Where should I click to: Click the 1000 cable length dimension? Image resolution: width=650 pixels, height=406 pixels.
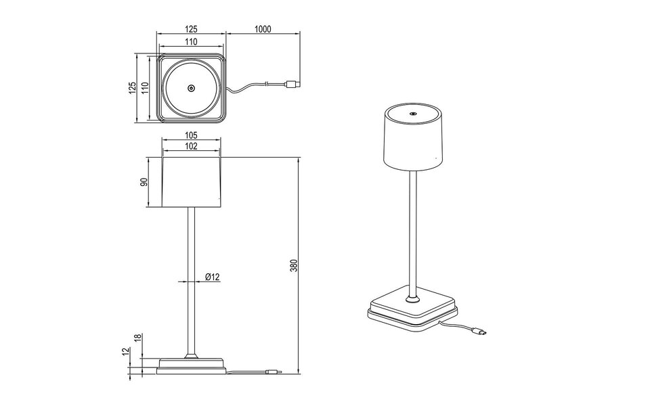pos(263,28)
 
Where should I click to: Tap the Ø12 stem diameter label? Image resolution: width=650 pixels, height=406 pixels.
pos(211,277)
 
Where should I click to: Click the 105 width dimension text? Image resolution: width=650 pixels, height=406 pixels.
pos(190,134)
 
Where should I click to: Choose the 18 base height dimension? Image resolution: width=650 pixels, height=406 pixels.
pos(137,338)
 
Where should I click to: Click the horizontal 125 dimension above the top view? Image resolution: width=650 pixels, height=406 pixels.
pos(190,28)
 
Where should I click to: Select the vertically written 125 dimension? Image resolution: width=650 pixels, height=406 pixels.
pos(133,87)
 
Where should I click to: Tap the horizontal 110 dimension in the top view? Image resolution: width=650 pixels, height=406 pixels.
pos(190,42)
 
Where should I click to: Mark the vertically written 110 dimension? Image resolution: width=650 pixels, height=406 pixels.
pos(144,87)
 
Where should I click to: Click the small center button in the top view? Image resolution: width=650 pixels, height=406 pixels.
pos(191,88)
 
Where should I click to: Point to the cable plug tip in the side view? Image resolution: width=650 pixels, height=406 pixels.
pos(276,371)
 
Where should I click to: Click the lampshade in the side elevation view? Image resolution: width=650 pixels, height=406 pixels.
pos(192,183)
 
